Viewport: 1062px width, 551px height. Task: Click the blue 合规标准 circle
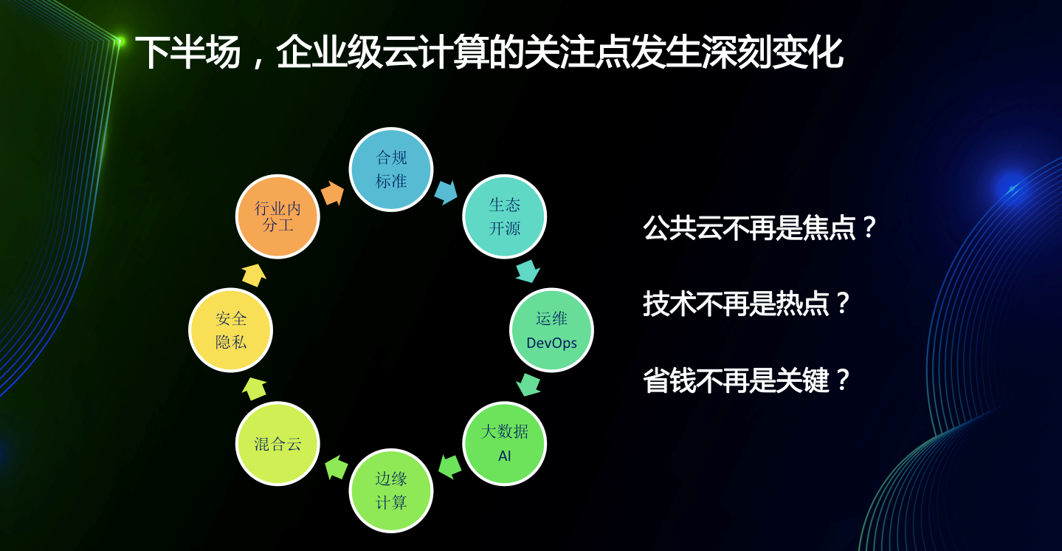point(391,169)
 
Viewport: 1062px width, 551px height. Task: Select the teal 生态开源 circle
point(505,216)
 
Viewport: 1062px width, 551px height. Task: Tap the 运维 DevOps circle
point(551,330)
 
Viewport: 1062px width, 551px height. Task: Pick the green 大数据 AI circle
point(505,444)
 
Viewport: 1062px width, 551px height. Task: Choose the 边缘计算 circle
point(391,490)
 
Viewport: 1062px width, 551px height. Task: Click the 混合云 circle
point(277,444)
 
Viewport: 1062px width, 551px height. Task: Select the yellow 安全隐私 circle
point(231,330)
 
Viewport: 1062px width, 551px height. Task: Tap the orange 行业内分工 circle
point(277,216)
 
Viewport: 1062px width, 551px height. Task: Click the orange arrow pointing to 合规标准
point(333,194)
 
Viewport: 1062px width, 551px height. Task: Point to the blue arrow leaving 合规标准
point(446,192)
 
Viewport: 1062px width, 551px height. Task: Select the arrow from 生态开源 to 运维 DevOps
point(528,271)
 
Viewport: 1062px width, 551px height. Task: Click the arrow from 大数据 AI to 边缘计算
point(449,467)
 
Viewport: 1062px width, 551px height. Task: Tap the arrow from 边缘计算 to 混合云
point(336,467)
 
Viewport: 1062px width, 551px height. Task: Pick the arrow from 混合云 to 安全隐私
point(254,389)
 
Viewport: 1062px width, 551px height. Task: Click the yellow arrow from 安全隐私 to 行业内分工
point(254,275)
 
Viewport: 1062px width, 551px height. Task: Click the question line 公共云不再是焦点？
point(759,227)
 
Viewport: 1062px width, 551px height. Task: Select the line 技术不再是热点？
point(746,304)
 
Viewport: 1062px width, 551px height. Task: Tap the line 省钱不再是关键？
point(746,380)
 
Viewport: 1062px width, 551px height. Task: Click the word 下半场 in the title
point(188,52)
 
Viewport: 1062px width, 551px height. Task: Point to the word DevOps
point(551,343)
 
